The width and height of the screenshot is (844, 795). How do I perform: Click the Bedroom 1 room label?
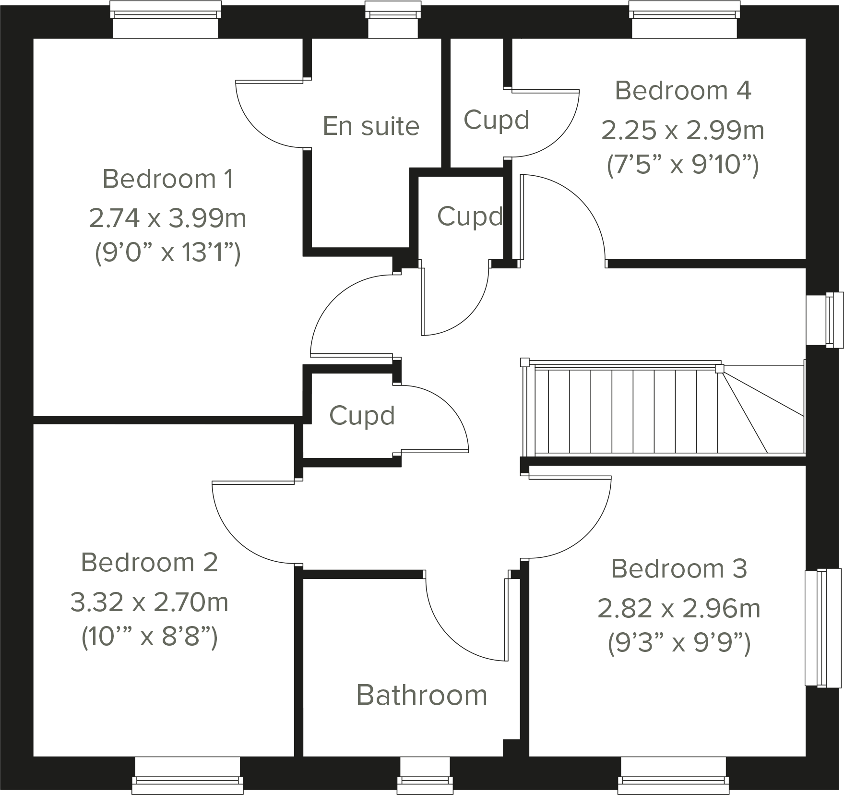(168, 179)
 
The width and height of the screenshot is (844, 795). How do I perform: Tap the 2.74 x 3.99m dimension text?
(167, 218)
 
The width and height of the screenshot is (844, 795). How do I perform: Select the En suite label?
(371, 126)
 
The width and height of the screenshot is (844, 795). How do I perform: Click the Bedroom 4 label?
(683, 91)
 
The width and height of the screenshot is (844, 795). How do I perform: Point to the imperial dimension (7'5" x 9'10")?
(683, 166)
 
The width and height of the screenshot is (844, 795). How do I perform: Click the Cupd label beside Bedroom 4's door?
(496, 120)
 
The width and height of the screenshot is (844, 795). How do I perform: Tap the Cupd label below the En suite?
(470, 217)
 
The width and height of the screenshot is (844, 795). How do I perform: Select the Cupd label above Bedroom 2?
(362, 416)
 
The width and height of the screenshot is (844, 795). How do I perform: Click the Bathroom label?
(421, 695)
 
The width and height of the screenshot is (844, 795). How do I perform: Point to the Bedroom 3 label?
(679, 569)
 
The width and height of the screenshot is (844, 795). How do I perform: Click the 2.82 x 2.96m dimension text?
(679, 609)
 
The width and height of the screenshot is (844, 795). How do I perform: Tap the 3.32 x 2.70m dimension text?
(149, 602)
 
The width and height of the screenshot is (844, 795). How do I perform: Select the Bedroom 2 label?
(149, 563)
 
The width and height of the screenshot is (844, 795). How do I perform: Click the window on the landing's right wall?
(824, 320)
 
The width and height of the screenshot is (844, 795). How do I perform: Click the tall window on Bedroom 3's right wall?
(822, 628)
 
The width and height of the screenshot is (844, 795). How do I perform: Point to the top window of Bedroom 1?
(166, 19)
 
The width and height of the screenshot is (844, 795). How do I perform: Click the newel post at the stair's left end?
(524, 362)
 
